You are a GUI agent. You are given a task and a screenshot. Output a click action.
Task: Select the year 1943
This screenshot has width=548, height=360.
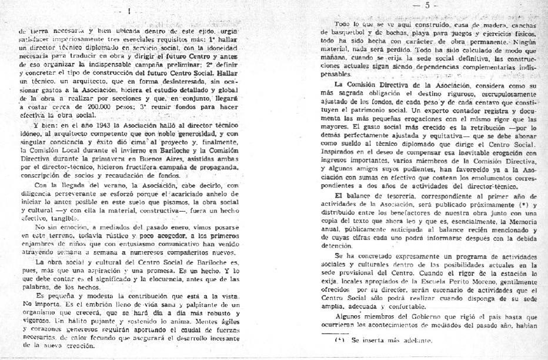coord(88,127)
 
